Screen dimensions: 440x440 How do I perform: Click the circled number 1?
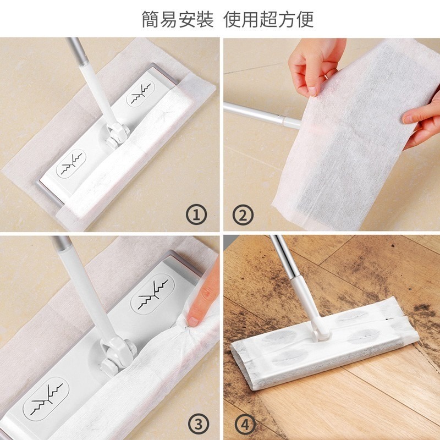[x=196, y=213]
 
